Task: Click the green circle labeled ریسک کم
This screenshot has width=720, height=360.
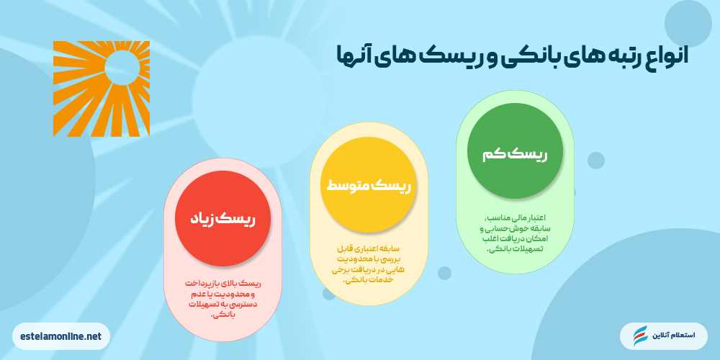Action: click(x=515, y=156)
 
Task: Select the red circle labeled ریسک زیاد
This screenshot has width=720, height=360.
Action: click(x=223, y=218)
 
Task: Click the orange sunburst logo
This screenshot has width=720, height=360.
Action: click(x=102, y=89)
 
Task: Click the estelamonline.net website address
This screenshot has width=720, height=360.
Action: click(x=61, y=336)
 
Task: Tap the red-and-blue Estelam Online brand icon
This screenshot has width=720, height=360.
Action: click(x=640, y=336)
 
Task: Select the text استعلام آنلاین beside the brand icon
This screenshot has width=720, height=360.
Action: click(x=673, y=336)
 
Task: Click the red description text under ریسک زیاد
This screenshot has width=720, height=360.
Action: click(x=222, y=300)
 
